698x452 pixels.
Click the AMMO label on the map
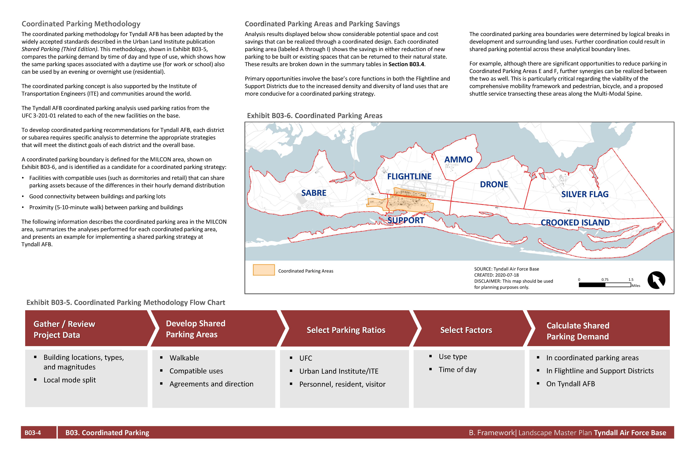(458, 160)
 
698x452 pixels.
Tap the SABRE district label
(314, 193)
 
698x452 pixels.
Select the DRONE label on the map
(494, 185)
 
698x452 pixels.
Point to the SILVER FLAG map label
(585, 194)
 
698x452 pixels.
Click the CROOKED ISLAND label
(575, 223)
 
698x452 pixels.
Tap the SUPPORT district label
(406, 220)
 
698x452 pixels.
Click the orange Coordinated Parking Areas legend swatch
(264, 270)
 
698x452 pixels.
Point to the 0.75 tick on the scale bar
(605, 280)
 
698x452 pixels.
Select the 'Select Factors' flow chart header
(466, 330)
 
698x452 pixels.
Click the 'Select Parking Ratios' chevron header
(346, 330)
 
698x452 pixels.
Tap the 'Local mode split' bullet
(70, 380)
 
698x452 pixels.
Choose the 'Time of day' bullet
(458, 370)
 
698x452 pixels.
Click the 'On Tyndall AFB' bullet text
(570, 384)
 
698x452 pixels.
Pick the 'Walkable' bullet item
(184, 358)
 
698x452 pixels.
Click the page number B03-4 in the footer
(33, 433)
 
